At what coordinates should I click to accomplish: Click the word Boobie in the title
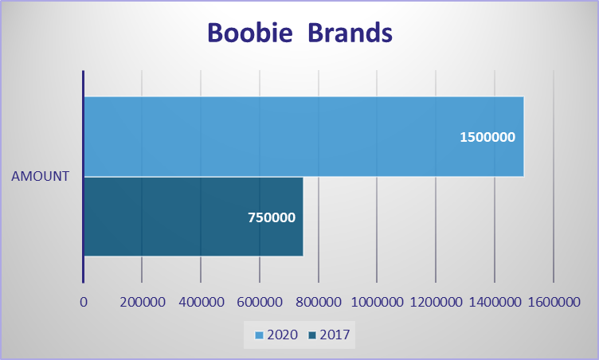point(250,33)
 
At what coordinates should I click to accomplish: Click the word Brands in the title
point(350,33)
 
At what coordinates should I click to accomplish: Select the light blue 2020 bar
point(304,136)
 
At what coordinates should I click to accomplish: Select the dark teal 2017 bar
point(194,217)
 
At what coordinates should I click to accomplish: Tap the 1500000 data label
point(487,137)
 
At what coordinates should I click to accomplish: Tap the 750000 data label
point(272,217)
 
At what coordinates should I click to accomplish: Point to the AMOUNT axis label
point(40,176)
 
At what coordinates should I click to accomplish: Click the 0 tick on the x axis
point(84,303)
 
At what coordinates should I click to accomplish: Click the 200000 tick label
point(143,303)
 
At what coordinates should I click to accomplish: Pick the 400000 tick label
point(202,303)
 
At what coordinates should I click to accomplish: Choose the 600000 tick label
point(260,303)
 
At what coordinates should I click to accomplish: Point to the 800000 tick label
point(319,303)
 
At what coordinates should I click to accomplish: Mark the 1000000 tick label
point(377,303)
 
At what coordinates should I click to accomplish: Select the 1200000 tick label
point(436,303)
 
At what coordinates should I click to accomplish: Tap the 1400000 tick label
point(495,303)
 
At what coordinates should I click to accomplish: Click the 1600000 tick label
point(554,303)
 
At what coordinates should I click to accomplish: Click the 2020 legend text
point(282,335)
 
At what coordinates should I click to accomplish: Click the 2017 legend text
point(335,335)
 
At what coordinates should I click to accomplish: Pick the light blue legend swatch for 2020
point(260,335)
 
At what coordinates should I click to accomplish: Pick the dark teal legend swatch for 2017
point(312,335)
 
